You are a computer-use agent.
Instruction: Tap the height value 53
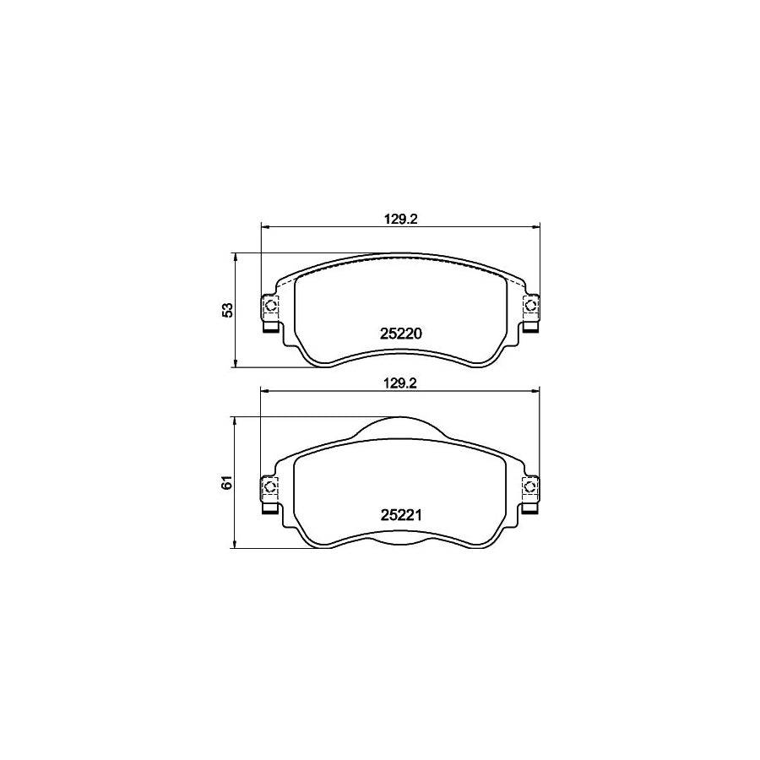coord(226,310)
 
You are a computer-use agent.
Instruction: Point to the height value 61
coord(226,483)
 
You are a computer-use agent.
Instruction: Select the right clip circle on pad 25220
coord(531,305)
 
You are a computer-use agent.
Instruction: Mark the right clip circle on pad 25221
coord(531,486)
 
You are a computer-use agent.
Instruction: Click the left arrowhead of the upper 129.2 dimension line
coord(264,226)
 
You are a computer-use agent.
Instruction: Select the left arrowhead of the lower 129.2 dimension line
coord(264,391)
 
